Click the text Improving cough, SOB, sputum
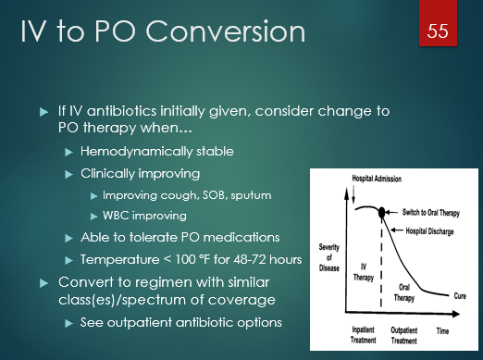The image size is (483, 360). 193,196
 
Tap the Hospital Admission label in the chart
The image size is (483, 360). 356,178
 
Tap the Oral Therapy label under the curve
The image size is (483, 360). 399,290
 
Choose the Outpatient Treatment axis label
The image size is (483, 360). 403,332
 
